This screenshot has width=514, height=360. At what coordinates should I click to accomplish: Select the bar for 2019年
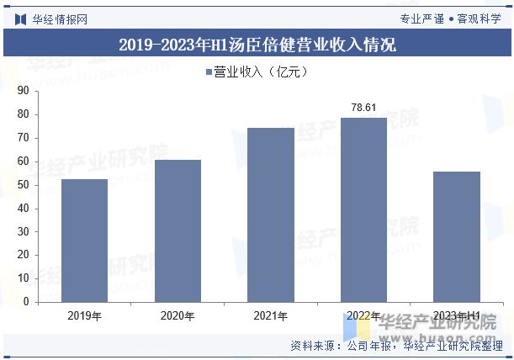pyautogui.click(x=84, y=240)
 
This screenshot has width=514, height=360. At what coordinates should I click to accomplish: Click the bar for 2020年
pyautogui.click(x=178, y=230)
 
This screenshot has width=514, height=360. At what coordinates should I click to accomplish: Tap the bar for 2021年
pyautogui.click(x=271, y=214)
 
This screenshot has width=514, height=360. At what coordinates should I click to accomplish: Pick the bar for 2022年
pyautogui.click(x=363, y=209)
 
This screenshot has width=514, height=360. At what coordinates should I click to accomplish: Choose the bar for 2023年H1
pyautogui.click(x=457, y=236)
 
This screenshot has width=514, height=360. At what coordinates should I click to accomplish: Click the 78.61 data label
pyautogui.click(x=363, y=108)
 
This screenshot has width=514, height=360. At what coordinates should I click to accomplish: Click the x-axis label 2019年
pyautogui.click(x=84, y=316)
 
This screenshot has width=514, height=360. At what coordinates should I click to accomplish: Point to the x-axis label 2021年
pyautogui.click(x=271, y=316)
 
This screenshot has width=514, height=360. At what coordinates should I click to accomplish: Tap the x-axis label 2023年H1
pyautogui.click(x=457, y=316)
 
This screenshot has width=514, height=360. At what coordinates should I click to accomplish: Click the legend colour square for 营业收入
pyautogui.click(x=209, y=72)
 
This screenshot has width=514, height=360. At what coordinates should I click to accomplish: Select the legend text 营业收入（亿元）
pyautogui.click(x=261, y=72)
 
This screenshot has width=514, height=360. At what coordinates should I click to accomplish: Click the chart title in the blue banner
pyautogui.click(x=257, y=45)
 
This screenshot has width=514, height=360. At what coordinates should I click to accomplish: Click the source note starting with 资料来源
pyautogui.click(x=396, y=346)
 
